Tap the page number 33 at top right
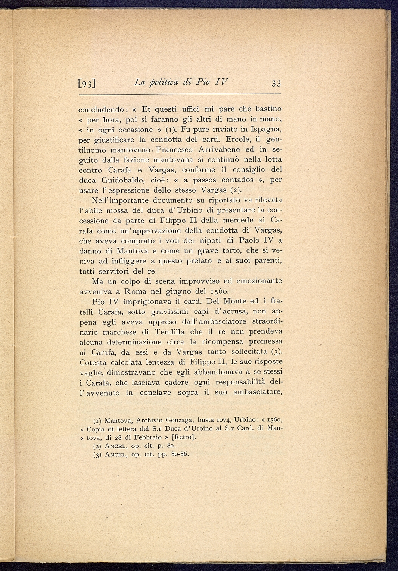pos(276,83)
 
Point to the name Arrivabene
pos(217,150)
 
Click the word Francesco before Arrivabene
pos(175,150)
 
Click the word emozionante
pos(257,281)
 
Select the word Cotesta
pos(93,362)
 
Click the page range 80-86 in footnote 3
pos(180,454)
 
